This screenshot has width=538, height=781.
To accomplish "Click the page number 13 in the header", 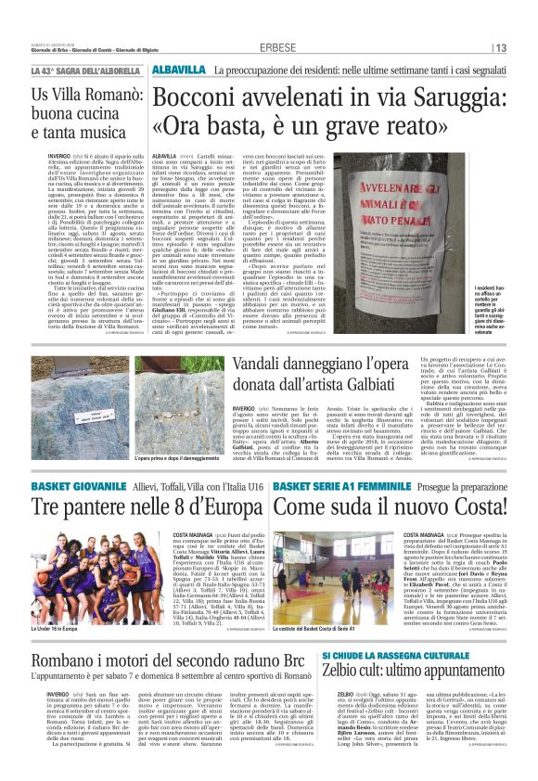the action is click(x=501, y=48).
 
